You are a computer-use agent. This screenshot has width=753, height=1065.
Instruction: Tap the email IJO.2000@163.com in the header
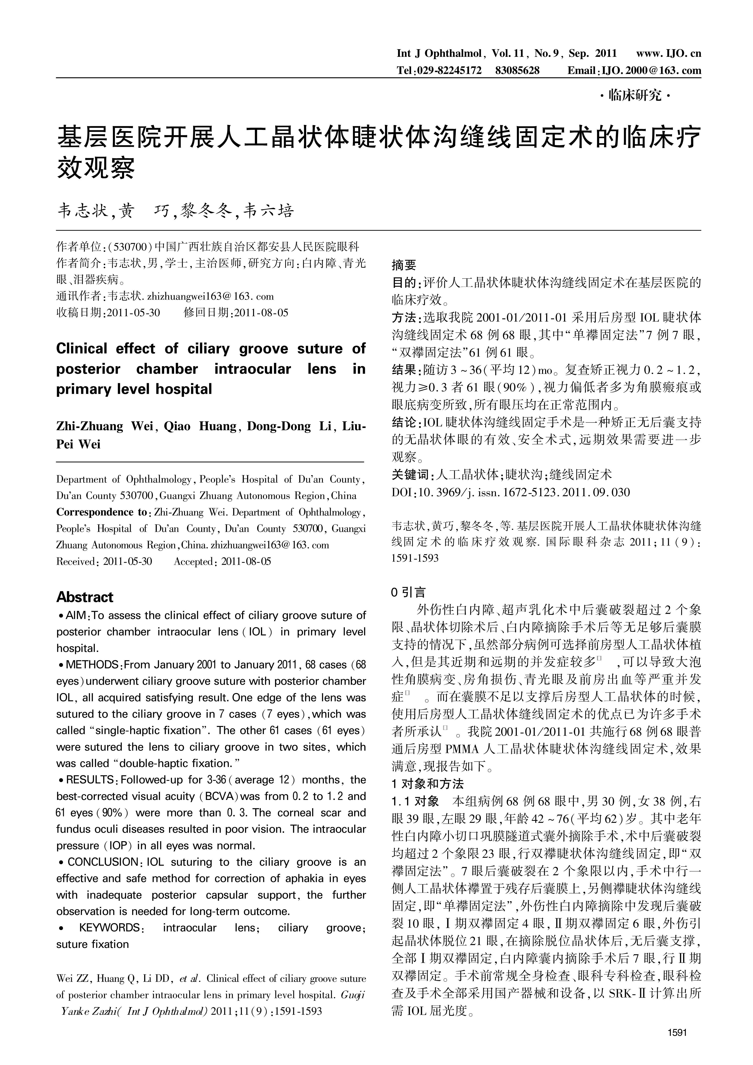click(651, 71)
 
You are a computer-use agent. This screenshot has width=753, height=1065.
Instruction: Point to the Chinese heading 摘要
click(404, 265)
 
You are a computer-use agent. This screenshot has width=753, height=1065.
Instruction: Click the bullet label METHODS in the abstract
click(92, 665)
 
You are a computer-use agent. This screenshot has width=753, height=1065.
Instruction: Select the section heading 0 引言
click(408, 592)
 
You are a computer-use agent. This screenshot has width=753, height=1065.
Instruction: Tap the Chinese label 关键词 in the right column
click(410, 474)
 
